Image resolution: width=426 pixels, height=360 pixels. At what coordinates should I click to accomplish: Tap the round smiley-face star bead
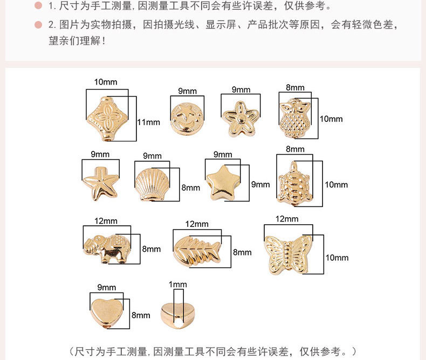pos(185,118)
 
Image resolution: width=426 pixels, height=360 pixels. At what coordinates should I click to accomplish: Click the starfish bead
pos(100,183)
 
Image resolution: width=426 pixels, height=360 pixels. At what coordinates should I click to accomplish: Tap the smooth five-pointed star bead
pos(223,181)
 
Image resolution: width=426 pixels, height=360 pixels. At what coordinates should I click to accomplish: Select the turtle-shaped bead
pos(294,183)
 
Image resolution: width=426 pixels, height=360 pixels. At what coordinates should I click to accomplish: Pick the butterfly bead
pos(288,254)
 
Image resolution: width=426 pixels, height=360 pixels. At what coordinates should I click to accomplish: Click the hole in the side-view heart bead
pos(176,322)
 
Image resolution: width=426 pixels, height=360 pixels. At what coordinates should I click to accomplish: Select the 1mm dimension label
pos(177,285)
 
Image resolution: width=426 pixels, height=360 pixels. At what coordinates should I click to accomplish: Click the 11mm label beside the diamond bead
pos(148,122)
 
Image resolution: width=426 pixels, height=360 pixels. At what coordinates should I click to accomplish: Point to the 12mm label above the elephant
pos(106,221)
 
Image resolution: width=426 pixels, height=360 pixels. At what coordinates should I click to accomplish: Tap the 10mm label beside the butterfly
pos(336,258)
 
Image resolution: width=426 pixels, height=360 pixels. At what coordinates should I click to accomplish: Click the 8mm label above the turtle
pos(295,149)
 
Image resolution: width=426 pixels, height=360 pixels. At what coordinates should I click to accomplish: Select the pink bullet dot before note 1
pos(38,6)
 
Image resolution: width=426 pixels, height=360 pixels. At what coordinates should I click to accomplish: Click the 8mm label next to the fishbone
pos(242,252)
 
